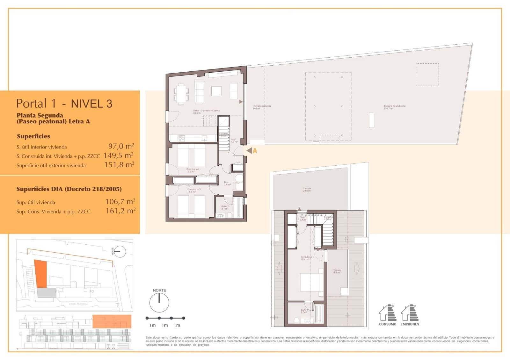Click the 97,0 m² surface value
coord(121,146)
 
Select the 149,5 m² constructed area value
coord(118,155)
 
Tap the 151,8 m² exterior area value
coord(119,165)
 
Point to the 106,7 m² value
coord(120,202)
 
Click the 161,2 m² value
coord(120,211)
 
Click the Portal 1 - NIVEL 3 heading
coord(64,104)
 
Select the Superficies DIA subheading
coord(69,189)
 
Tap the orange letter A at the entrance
coord(255,151)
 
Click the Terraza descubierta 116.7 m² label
coord(394,107)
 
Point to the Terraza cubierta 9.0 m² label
coord(262,107)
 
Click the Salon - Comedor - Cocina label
coord(206,112)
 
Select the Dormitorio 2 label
coord(193,170)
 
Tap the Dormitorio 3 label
coord(194,191)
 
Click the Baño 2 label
coord(225,207)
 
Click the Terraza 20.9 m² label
coord(307,190)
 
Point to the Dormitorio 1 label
coord(307,258)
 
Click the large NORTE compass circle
coord(159,302)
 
